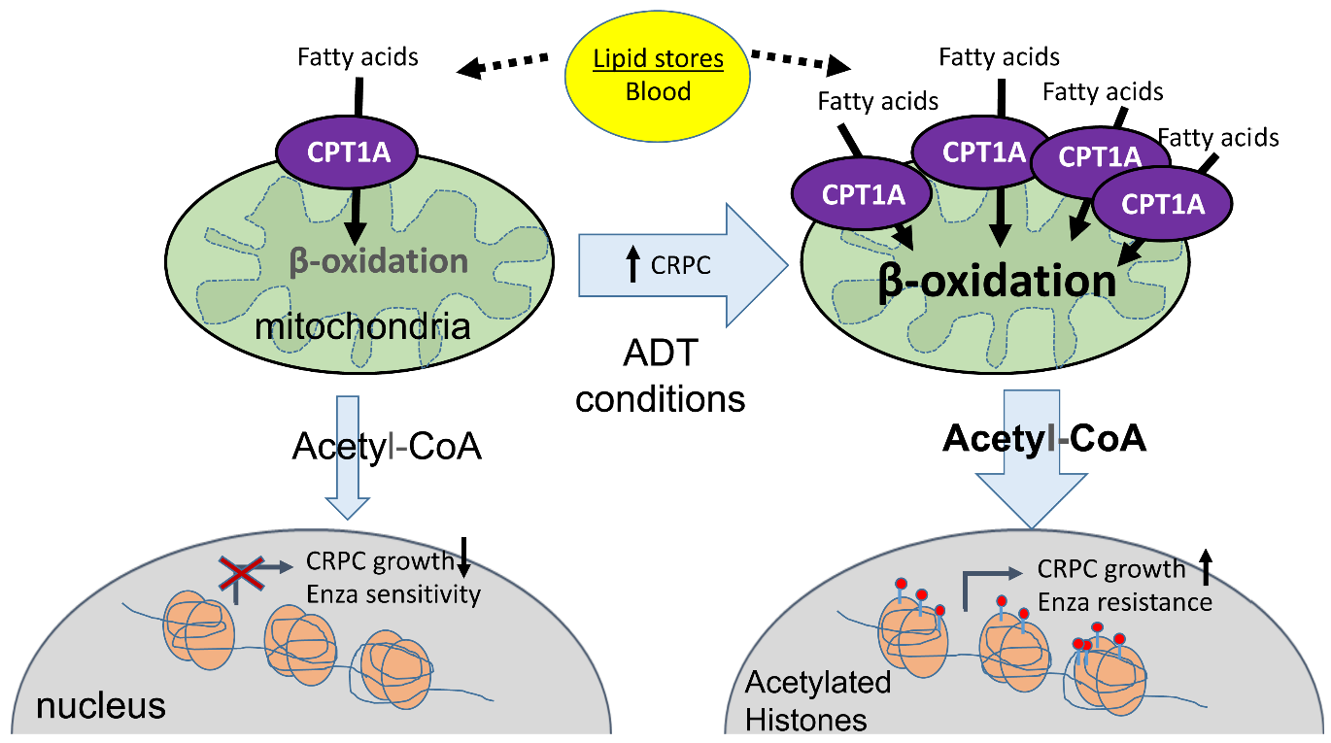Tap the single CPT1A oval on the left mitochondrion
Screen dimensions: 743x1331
click(349, 152)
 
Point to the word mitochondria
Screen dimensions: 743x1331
click(362, 326)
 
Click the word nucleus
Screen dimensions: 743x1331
click(101, 706)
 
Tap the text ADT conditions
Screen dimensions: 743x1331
click(661, 379)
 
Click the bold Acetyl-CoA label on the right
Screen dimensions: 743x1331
click(1045, 438)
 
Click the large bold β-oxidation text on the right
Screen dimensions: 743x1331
click(997, 282)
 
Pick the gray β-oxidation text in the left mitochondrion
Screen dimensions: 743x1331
click(379, 260)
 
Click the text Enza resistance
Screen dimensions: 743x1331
click(1124, 602)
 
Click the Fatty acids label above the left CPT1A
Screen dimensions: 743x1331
click(358, 56)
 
